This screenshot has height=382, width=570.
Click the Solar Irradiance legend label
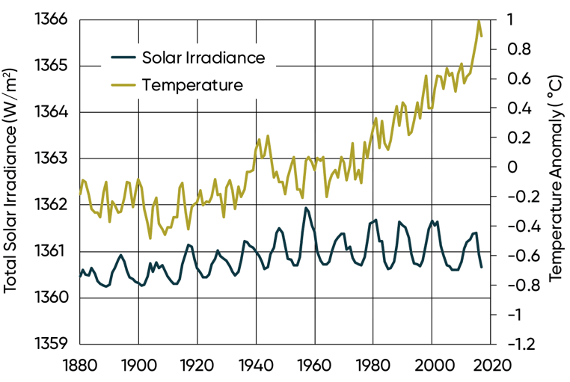click(x=203, y=57)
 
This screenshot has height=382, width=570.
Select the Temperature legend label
click(x=192, y=84)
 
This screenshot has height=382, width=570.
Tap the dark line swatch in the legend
click(x=123, y=57)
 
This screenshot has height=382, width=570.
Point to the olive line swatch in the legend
click(x=123, y=84)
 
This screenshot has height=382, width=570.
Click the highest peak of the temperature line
click(x=479, y=21)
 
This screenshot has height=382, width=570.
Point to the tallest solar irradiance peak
click(x=305, y=208)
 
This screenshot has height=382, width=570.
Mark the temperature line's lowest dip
click(x=150, y=238)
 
